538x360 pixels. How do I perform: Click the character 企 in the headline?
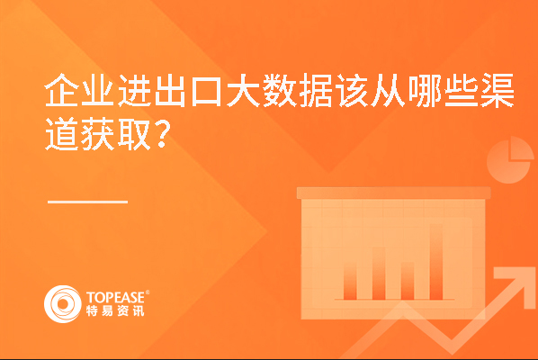pyautogui.click(x=61, y=90)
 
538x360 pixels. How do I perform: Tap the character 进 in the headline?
pyautogui.click(x=134, y=90)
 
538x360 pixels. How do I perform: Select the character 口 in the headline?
pyautogui.click(x=206, y=91)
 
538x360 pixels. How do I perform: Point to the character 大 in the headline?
pyautogui.click(x=243, y=90)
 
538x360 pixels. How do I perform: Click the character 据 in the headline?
pyautogui.click(x=315, y=90)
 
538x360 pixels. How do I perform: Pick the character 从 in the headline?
pyautogui.click(x=388, y=90)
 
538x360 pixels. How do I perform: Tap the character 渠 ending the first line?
pyautogui.click(x=497, y=90)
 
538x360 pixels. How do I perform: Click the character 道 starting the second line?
pyautogui.click(x=61, y=134)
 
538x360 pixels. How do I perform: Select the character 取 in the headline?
pyautogui.click(x=134, y=134)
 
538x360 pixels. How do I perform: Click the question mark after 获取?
pyautogui.click(x=162, y=134)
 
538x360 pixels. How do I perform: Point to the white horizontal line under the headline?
pyautogui.click(x=88, y=202)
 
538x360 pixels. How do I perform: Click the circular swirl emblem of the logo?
pyautogui.click(x=63, y=304)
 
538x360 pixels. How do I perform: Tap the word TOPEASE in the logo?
pyautogui.click(x=115, y=297)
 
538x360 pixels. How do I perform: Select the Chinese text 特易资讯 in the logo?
pyautogui.click(x=115, y=310)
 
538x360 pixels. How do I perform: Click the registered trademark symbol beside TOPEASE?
pyautogui.click(x=148, y=292)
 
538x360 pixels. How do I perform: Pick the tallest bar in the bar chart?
pyautogui.click(x=436, y=262)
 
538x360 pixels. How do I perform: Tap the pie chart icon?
pyautogui.click(x=510, y=160)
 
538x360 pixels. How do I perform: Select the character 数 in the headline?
pyautogui.click(x=279, y=90)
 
